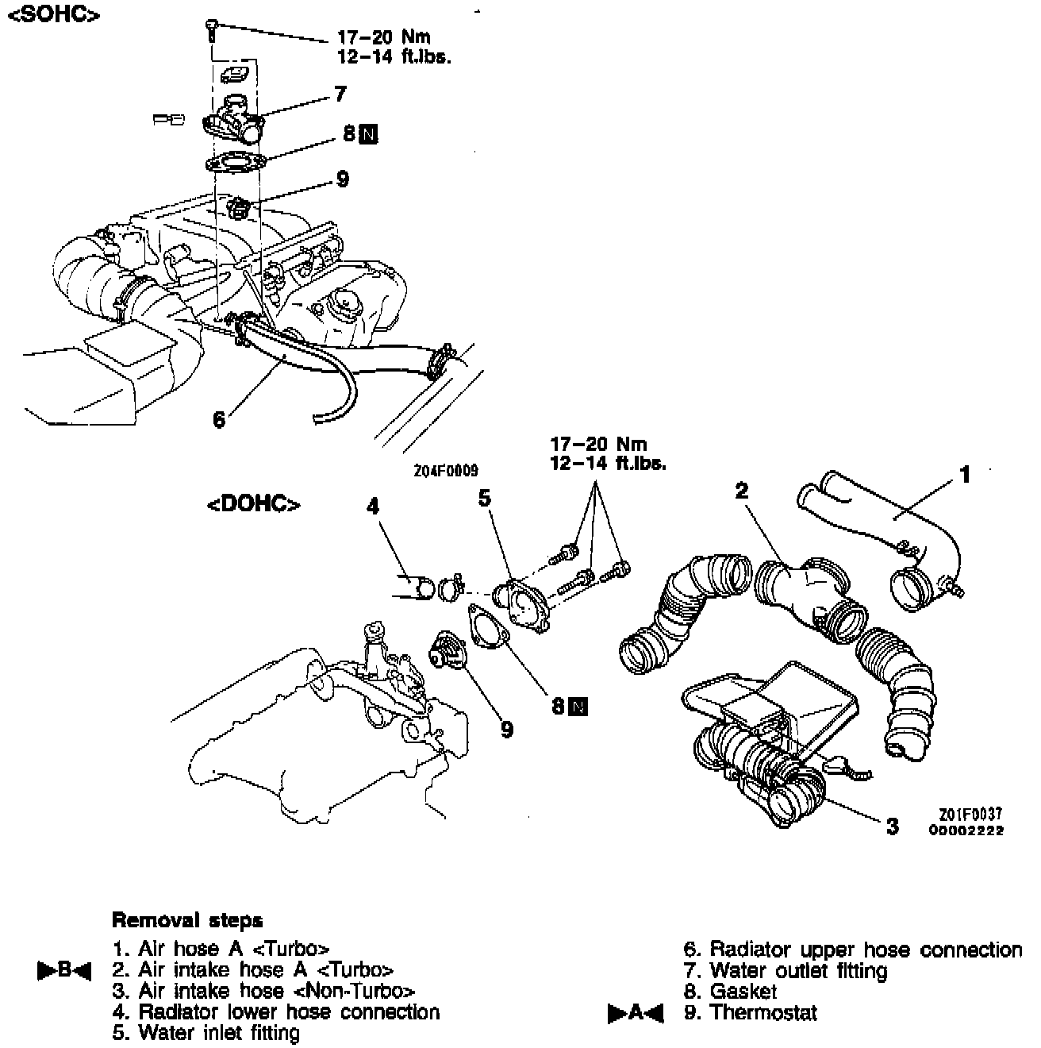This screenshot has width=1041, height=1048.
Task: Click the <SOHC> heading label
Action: click(x=52, y=16)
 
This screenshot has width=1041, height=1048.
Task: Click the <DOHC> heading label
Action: click(x=254, y=505)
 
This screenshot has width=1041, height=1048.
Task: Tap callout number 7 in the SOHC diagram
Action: click(x=340, y=94)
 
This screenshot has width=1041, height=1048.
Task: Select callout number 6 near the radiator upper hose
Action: click(x=219, y=418)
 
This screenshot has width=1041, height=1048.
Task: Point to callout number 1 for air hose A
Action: click(x=965, y=475)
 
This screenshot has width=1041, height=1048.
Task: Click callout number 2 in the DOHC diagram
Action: click(x=742, y=491)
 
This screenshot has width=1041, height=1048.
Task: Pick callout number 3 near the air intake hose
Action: click(x=893, y=826)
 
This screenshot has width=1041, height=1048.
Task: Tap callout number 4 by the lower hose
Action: click(x=372, y=506)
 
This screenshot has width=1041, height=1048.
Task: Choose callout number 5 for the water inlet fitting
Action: click(x=485, y=498)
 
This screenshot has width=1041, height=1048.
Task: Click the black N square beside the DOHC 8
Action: click(x=579, y=705)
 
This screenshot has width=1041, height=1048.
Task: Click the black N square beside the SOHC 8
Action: click(x=368, y=135)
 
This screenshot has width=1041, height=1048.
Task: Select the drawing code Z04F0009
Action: click(x=446, y=471)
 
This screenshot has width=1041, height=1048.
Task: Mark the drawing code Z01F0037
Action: click(x=970, y=815)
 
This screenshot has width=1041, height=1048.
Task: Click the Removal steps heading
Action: click(x=187, y=920)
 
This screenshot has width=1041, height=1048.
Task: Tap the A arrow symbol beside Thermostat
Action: click(x=635, y=1013)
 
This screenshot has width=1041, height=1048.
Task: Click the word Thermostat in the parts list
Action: click(x=763, y=1012)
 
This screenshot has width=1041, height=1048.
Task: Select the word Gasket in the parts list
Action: click(x=743, y=991)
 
